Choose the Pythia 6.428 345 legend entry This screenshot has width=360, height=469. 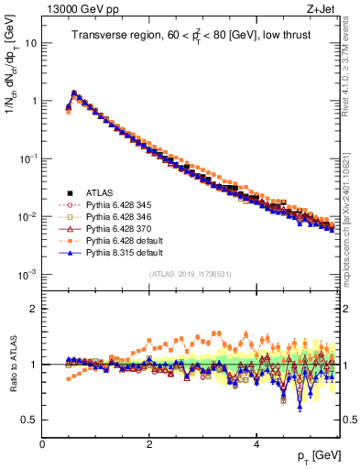(114, 206)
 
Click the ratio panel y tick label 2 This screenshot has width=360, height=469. (34, 309)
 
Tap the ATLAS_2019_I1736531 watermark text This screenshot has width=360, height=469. (191, 275)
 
